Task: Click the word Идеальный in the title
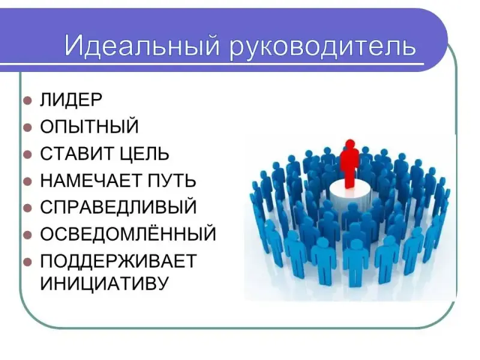(142, 46)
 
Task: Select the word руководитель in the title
(323, 47)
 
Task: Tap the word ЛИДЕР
(71, 100)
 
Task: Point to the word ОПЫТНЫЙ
(89, 126)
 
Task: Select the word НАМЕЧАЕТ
(91, 181)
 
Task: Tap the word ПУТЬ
(172, 181)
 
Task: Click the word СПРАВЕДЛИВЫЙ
(118, 207)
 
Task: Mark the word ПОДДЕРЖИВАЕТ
(118, 262)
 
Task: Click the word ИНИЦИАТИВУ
(104, 283)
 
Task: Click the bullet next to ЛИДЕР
(28, 100)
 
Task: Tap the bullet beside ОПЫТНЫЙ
(28, 127)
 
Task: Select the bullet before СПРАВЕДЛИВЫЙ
(28, 208)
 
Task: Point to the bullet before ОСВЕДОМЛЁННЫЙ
(28, 235)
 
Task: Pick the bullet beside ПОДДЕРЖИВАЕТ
(28, 262)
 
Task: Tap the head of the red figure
(350, 144)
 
